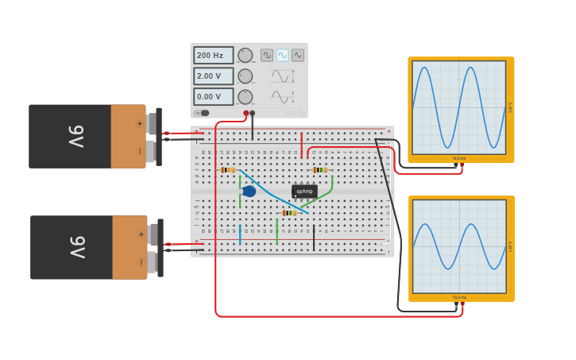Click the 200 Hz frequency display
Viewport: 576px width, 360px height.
coord(213,56)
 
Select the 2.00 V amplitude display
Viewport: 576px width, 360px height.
coord(213,76)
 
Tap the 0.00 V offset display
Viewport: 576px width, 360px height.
coord(213,97)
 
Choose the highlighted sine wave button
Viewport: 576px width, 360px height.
coord(282,55)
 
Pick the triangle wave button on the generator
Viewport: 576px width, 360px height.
coord(297,55)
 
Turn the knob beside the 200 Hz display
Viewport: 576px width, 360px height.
coord(245,56)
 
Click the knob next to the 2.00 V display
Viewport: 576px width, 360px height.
coord(245,76)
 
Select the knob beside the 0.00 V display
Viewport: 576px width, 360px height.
coord(245,97)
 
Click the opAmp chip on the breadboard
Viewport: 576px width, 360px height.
coord(304,192)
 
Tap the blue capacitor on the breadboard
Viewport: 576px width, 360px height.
coord(249,192)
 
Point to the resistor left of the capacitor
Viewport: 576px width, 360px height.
coord(228,170)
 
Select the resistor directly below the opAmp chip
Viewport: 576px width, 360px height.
coord(288,213)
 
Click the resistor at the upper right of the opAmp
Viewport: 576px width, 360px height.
coord(319,170)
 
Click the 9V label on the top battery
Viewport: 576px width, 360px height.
coord(75,136)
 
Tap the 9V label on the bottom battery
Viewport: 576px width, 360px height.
coord(76,247)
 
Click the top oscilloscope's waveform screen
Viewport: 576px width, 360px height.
coord(458,107)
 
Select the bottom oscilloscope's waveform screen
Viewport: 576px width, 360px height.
coord(459,246)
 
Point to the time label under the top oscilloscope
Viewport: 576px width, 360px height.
coord(459,158)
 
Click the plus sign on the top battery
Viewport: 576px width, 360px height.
coord(140,123)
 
